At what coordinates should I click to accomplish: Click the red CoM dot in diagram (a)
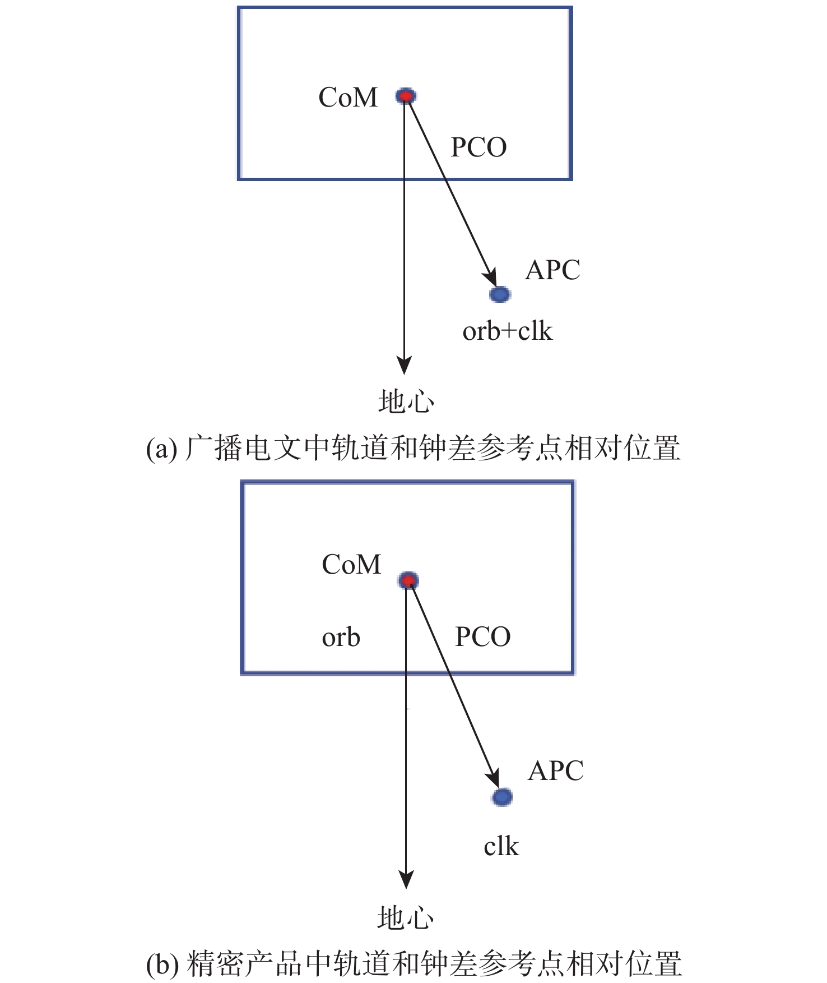coord(406,96)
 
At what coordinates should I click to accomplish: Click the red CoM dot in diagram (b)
coord(408,580)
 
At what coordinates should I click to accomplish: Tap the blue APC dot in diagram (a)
coord(500,294)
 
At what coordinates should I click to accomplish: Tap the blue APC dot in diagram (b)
coord(502,796)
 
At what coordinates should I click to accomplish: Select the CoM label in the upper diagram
coord(348,98)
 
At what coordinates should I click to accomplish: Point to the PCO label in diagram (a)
coord(478,147)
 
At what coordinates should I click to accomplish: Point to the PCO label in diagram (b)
coord(482,637)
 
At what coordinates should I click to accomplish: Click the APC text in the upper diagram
coord(552,270)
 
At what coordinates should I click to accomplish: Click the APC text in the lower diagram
coord(555,771)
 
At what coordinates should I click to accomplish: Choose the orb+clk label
coord(507,331)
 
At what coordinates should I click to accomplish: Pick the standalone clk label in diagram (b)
coord(501,846)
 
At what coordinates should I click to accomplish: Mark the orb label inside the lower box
coord(341,638)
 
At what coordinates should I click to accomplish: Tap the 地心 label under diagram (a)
coord(406,402)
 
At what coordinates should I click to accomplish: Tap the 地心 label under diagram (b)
coord(406,919)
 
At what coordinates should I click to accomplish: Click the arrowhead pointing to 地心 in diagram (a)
coord(404,365)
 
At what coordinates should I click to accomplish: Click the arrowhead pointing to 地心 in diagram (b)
coord(406,879)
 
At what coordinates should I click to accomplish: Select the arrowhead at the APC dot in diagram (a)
coord(490,278)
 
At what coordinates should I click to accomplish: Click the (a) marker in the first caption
coord(161,449)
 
